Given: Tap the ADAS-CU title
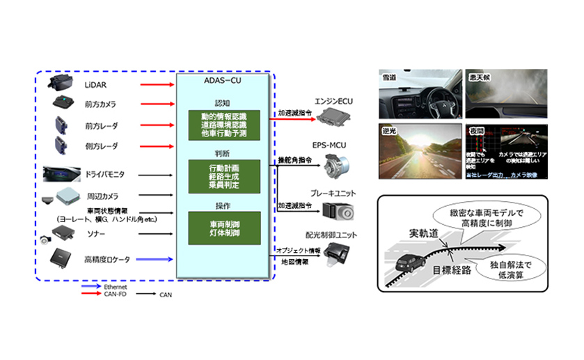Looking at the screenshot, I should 223,81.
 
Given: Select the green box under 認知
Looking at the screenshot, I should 223,125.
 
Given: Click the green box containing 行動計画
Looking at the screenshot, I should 223,175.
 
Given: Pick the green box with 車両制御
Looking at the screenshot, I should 223,229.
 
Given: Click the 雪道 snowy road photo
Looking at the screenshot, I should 420,93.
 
